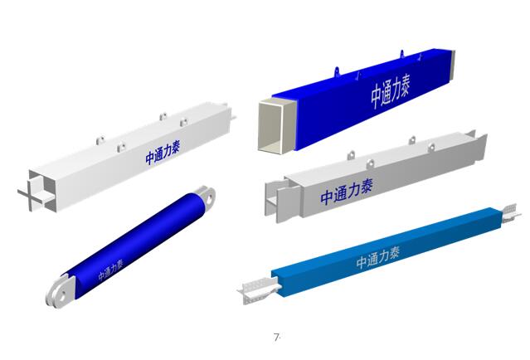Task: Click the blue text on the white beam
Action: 163,153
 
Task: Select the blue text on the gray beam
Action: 347,192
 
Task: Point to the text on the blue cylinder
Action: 110,270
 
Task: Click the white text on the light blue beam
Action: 378,258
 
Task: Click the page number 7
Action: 277,337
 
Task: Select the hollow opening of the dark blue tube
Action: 275,127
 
